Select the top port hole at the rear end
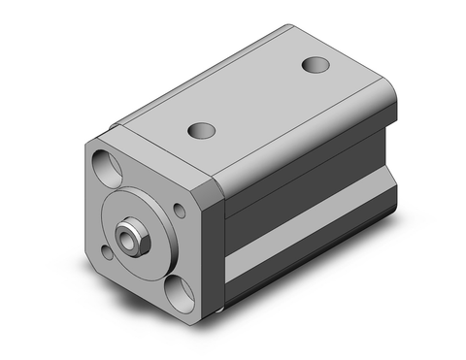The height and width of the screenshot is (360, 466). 315,65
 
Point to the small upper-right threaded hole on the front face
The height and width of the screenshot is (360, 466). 182,206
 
